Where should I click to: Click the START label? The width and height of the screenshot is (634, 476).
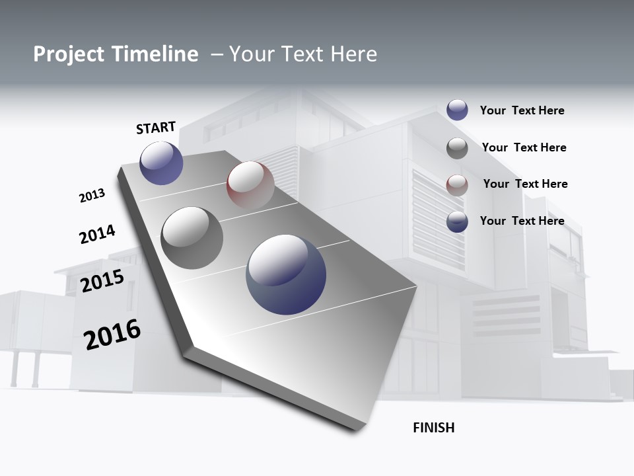[156, 128]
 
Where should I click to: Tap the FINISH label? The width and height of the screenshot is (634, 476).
[433, 428]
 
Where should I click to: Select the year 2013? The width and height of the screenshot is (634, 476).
[92, 196]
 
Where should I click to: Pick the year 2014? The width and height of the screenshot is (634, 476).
[97, 234]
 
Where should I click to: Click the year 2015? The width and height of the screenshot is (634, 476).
[102, 281]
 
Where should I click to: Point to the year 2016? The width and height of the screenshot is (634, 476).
[112, 335]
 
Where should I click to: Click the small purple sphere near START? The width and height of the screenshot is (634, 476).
[161, 163]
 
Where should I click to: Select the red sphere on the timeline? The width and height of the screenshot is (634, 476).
[250, 185]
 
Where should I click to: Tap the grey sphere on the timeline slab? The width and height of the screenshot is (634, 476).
[192, 238]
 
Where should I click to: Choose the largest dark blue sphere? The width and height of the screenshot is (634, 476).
[286, 274]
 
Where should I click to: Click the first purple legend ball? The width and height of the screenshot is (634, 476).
[457, 110]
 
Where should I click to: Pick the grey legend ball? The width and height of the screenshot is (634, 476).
[457, 148]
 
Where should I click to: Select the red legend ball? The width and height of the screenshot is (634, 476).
[457, 185]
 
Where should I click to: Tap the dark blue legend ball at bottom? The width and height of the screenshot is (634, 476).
[457, 221]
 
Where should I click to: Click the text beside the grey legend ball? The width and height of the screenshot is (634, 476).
[524, 147]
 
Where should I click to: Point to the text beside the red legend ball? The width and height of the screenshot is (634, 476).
[525, 184]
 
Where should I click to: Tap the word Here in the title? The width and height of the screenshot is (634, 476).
[353, 54]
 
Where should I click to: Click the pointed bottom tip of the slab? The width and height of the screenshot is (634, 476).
[360, 428]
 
